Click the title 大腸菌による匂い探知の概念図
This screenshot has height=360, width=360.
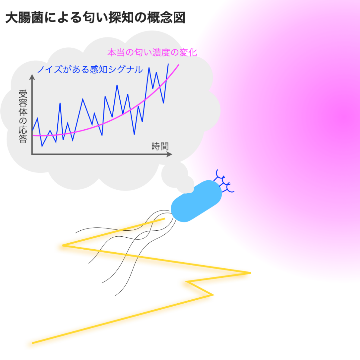pos(95,18)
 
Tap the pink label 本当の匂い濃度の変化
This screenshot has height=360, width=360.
pos(152,53)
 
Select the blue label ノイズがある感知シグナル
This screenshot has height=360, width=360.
pos(90,69)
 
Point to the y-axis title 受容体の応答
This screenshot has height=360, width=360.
pos(23,116)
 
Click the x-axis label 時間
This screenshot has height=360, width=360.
pos(160,146)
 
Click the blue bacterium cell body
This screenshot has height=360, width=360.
pos(196,201)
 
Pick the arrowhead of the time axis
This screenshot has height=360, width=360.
pos(169,154)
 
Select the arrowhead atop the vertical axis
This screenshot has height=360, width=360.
pos(32,77)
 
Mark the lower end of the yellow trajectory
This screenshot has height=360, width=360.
pos(32,343)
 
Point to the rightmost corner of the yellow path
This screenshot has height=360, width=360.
pos(251,273)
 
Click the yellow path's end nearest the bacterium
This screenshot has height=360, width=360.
pos(165,218)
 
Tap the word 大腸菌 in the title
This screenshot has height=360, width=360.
pos(24,18)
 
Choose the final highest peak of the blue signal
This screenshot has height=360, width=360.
pos(168,64)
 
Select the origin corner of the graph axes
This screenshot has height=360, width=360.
pos(32,154)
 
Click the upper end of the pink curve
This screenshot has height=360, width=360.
pos(178,65)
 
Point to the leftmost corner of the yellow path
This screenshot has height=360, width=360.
pos(63,245)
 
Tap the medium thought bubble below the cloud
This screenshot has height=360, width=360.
pos(175,174)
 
